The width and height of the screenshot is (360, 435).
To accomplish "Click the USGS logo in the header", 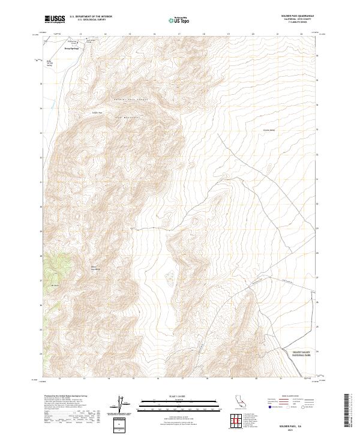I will pyautogui.click(x=55, y=20).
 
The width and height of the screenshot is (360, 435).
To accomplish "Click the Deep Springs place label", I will pyautogui.click(x=72, y=49).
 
